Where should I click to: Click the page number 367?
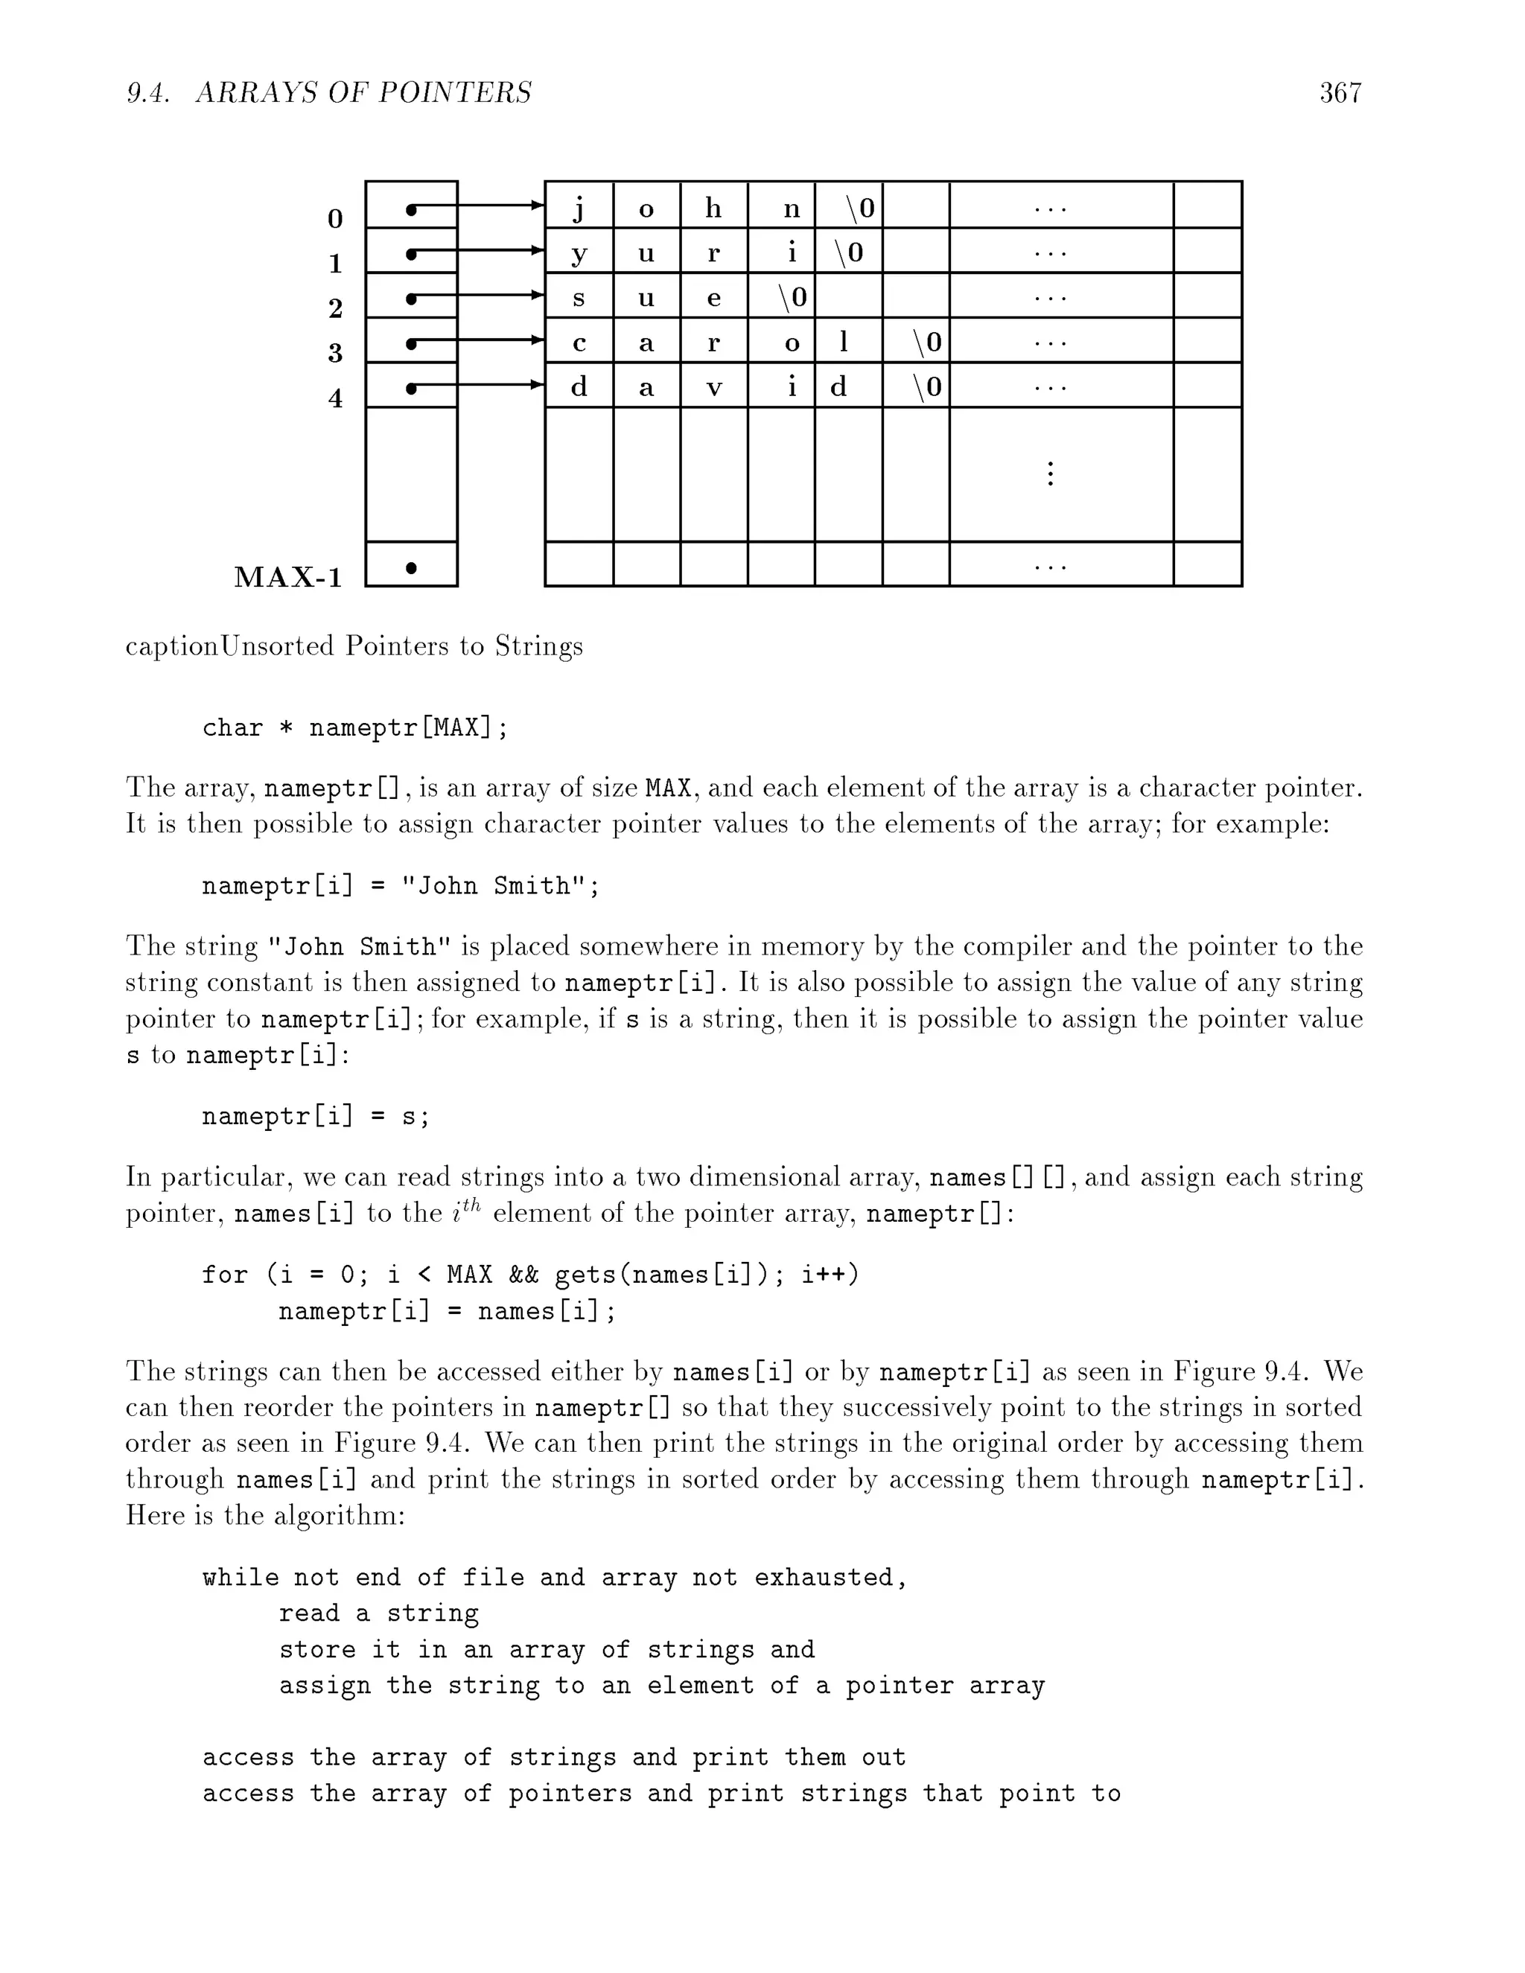click(1340, 92)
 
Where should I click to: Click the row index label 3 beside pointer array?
click(335, 352)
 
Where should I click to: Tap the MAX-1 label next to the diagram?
click(288, 576)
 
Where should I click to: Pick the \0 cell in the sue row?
click(792, 296)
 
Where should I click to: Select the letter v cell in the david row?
click(713, 386)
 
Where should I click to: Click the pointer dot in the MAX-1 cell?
click(411, 567)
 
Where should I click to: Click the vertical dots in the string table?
click(1050, 474)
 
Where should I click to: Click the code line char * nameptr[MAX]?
click(354, 727)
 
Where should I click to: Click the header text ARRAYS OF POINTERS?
click(363, 92)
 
